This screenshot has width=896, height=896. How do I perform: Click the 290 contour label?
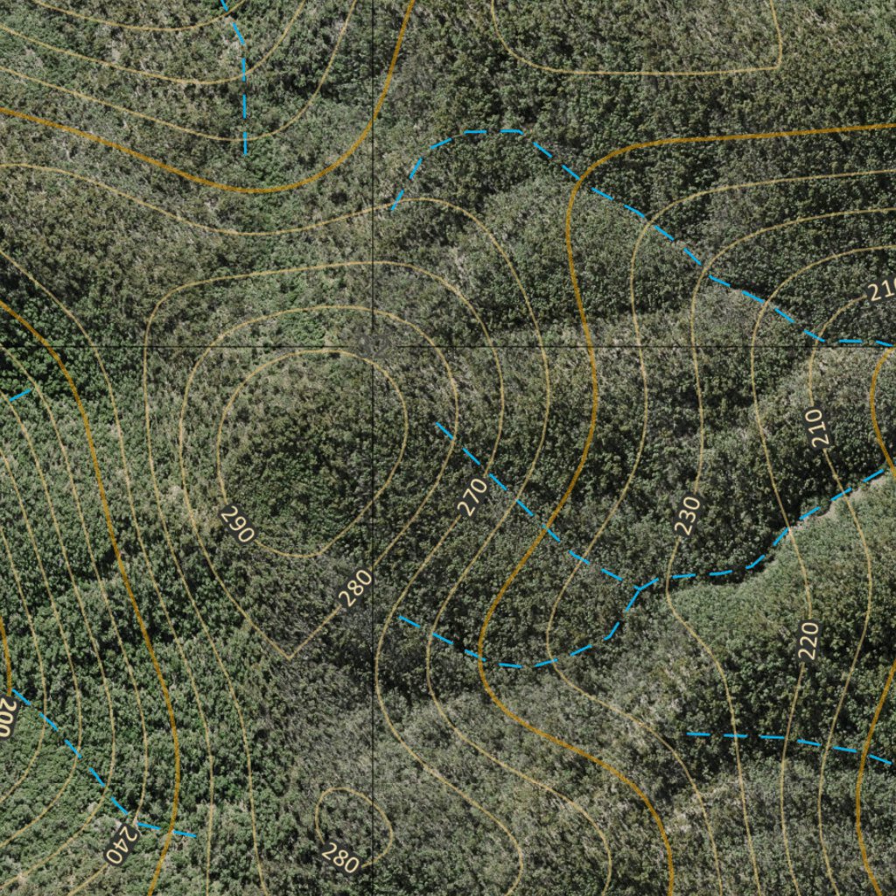[237, 523]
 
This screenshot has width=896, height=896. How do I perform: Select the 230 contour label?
[689, 514]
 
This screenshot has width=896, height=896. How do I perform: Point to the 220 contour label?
[808, 640]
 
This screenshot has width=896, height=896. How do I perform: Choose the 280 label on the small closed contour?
[339, 855]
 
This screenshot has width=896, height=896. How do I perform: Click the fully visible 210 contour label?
[818, 429]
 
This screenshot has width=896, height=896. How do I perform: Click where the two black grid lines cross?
[374, 346]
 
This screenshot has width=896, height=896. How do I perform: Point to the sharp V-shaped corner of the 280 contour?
[290, 657]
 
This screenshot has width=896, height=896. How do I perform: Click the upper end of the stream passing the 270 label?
[437, 424]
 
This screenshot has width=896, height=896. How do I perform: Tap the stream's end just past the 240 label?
[194, 836]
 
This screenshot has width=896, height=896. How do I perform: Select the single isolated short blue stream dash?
[20, 395]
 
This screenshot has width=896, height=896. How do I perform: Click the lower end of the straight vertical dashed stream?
[245, 154]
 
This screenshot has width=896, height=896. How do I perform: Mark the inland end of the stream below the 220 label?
[689, 734]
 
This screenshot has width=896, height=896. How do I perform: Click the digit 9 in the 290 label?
[237, 523]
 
